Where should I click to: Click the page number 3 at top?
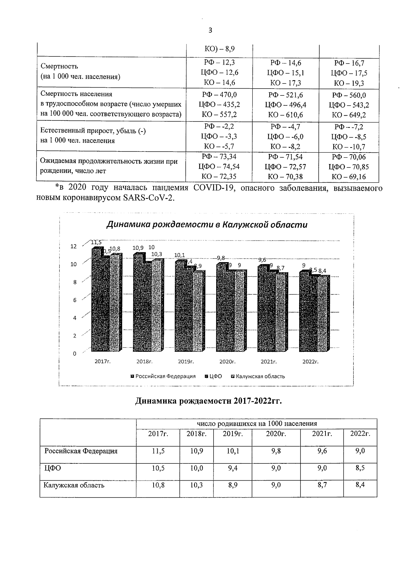(x=210, y=30)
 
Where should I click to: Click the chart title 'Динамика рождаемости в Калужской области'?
(x=207, y=225)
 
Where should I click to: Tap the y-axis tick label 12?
(x=73, y=246)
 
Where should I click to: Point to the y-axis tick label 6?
(x=75, y=300)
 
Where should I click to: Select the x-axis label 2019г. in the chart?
(x=186, y=362)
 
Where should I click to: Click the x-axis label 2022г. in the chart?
(x=311, y=362)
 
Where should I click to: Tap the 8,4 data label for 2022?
(x=322, y=270)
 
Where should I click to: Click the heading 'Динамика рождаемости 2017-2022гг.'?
(x=208, y=401)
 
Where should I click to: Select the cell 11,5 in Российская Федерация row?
(x=158, y=451)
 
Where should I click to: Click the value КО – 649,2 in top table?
(x=349, y=115)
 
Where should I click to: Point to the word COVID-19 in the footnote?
(x=214, y=188)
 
